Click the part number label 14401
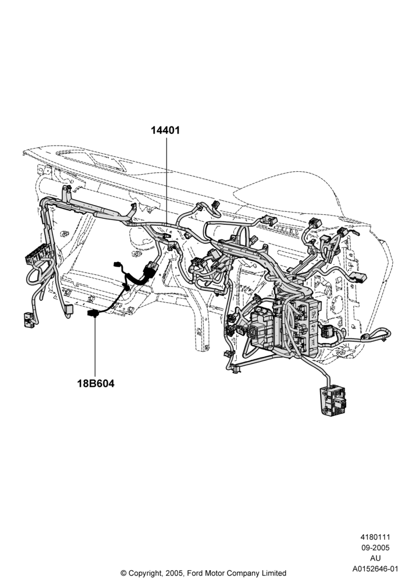point(165,130)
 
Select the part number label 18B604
point(95,383)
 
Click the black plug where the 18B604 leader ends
point(93,314)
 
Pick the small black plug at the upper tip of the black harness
point(117,264)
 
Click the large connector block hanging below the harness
point(333,401)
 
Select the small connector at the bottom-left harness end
point(29,320)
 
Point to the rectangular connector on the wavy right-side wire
point(358,277)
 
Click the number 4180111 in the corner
point(375,537)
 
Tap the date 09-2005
point(375,548)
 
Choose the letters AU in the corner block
point(375,558)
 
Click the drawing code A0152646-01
point(375,568)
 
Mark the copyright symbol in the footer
point(124,574)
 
